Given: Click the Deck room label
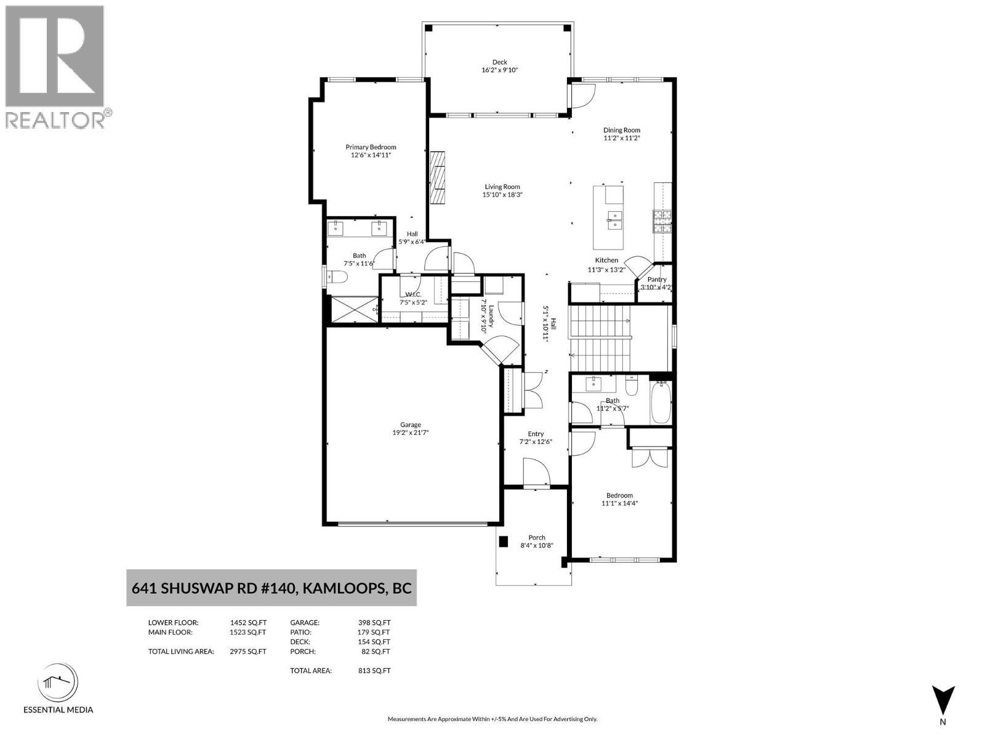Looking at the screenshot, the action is point(499,62).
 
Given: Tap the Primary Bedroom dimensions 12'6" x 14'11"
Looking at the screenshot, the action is point(371,155).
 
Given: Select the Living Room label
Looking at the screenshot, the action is point(502,187).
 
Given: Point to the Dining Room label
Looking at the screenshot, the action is point(622,130).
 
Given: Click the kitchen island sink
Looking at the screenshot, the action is point(614,220).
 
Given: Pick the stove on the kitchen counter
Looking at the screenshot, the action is point(662,221).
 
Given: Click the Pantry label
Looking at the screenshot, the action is point(657,279).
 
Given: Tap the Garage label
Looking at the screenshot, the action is point(411,424).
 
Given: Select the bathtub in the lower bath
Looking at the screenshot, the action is point(661,403).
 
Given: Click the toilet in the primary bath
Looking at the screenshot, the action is point(337,278).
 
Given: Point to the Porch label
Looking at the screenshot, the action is point(537,538).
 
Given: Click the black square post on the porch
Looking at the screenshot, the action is point(503,541).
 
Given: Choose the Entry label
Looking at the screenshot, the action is point(536,434).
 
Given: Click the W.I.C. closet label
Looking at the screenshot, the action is point(413,294).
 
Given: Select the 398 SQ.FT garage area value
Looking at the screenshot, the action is point(374,623).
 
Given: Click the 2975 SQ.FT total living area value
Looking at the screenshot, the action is point(248,652).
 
